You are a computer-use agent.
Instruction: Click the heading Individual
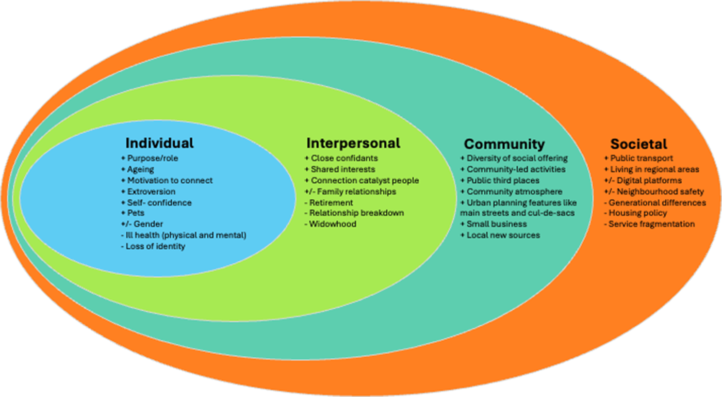point(159,143)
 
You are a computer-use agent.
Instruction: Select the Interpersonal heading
point(353,143)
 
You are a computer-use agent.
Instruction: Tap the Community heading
point(504,144)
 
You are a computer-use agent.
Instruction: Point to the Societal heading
point(638,144)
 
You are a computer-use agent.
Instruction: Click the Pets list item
point(136,213)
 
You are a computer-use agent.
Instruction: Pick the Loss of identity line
point(155,246)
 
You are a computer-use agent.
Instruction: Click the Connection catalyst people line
point(365,180)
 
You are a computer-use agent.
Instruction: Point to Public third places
point(503,180)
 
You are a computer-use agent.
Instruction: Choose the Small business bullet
point(497,224)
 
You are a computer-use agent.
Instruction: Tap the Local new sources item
point(503,235)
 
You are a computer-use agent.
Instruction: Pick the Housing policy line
point(637,213)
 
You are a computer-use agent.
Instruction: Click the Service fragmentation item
point(651,224)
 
